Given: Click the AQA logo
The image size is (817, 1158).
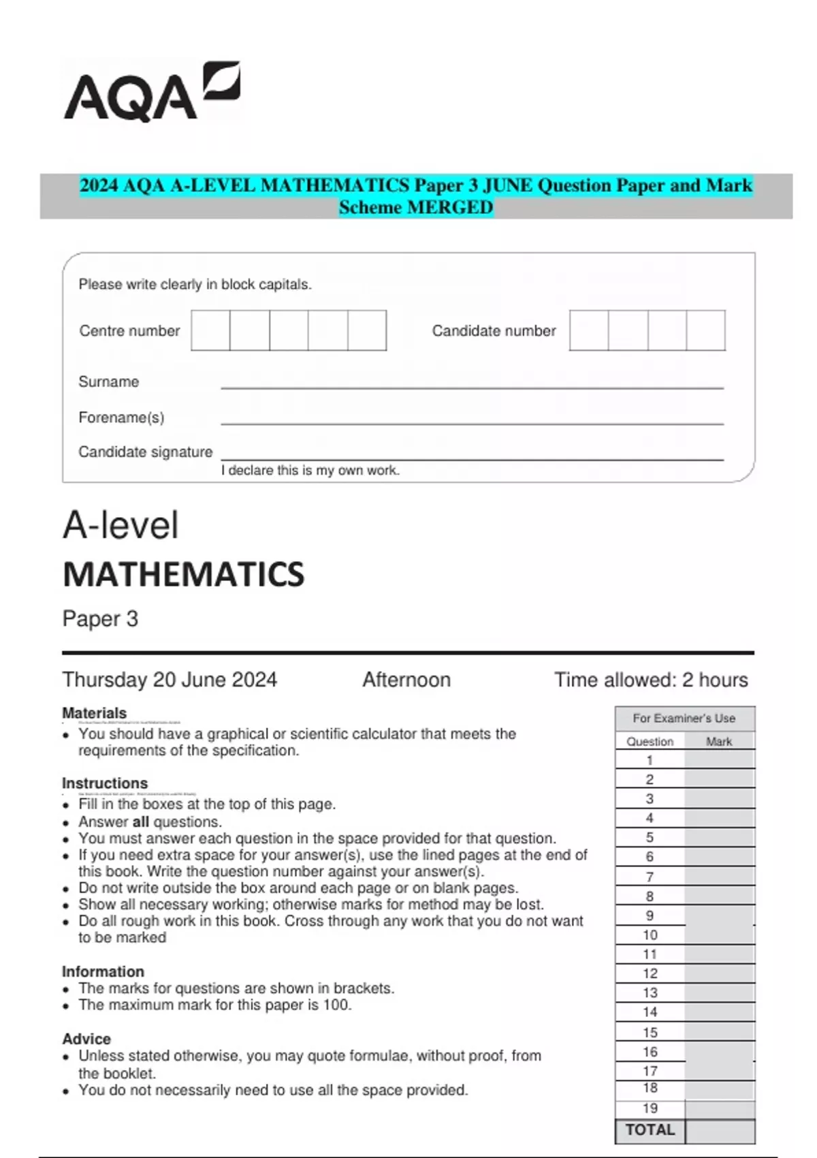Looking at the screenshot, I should click(x=151, y=93).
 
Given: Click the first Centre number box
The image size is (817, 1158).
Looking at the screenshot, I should click(x=210, y=330).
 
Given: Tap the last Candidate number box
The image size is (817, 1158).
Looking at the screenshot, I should click(x=705, y=330).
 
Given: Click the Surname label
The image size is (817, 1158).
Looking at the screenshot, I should click(x=108, y=381).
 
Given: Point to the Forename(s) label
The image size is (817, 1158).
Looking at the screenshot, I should click(x=121, y=417).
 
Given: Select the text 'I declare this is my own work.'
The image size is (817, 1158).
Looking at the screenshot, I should click(x=310, y=470).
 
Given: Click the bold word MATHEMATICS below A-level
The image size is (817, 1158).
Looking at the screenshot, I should click(x=183, y=574).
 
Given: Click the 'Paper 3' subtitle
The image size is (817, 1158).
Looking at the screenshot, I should click(x=100, y=619).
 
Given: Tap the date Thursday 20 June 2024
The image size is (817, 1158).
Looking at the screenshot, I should click(x=170, y=680).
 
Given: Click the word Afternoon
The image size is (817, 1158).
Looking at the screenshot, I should click(x=406, y=680).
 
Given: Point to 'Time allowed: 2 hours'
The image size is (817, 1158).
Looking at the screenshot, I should click(x=650, y=680).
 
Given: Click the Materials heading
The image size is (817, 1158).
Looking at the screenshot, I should click(x=94, y=713).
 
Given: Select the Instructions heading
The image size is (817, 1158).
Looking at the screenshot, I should click(x=104, y=783).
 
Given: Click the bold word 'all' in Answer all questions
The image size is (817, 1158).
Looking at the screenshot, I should click(x=140, y=821).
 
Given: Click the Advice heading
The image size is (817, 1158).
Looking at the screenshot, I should click(x=86, y=1039).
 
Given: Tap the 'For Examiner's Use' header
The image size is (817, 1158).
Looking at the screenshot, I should click(x=684, y=718).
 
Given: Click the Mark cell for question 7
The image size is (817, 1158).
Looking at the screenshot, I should click(x=720, y=877).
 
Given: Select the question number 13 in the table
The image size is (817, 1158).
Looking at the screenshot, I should click(x=650, y=992).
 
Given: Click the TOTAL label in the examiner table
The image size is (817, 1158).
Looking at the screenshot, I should click(x=650, y=1130).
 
